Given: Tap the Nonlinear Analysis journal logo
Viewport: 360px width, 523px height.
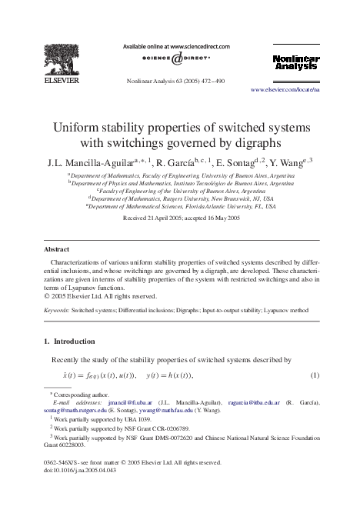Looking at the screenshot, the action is pos(295,62).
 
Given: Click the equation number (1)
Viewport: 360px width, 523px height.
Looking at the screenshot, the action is pos(315,375).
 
